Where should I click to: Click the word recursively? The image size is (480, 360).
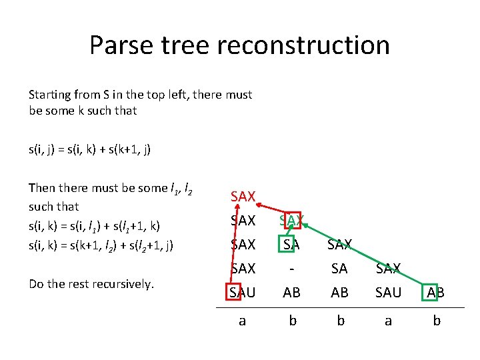[x=121, y=284]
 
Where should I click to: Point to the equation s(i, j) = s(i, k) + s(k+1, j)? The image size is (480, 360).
[x=89, y=149]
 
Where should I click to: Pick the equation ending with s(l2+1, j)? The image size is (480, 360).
[x=101, y=245]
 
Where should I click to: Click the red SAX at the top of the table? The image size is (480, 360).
[x=243, y=196]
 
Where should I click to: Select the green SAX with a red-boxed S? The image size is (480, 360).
[x=291, y=220]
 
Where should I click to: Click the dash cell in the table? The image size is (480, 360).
[x=291, y=268]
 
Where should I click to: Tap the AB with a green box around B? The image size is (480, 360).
[x=437, y=292]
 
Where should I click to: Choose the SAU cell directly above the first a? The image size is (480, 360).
[x=243, y=292]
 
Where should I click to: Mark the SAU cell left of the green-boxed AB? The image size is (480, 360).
[x=388, y=292]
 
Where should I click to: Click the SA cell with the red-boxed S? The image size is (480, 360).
[x=291, y=245]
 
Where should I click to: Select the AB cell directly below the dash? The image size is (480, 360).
[x=291, y=292]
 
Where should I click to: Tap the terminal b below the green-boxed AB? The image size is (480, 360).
[x=437, y=321]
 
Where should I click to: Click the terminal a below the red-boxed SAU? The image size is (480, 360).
[x=243, y=321]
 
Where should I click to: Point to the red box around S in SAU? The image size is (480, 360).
[x=235, y=292]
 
